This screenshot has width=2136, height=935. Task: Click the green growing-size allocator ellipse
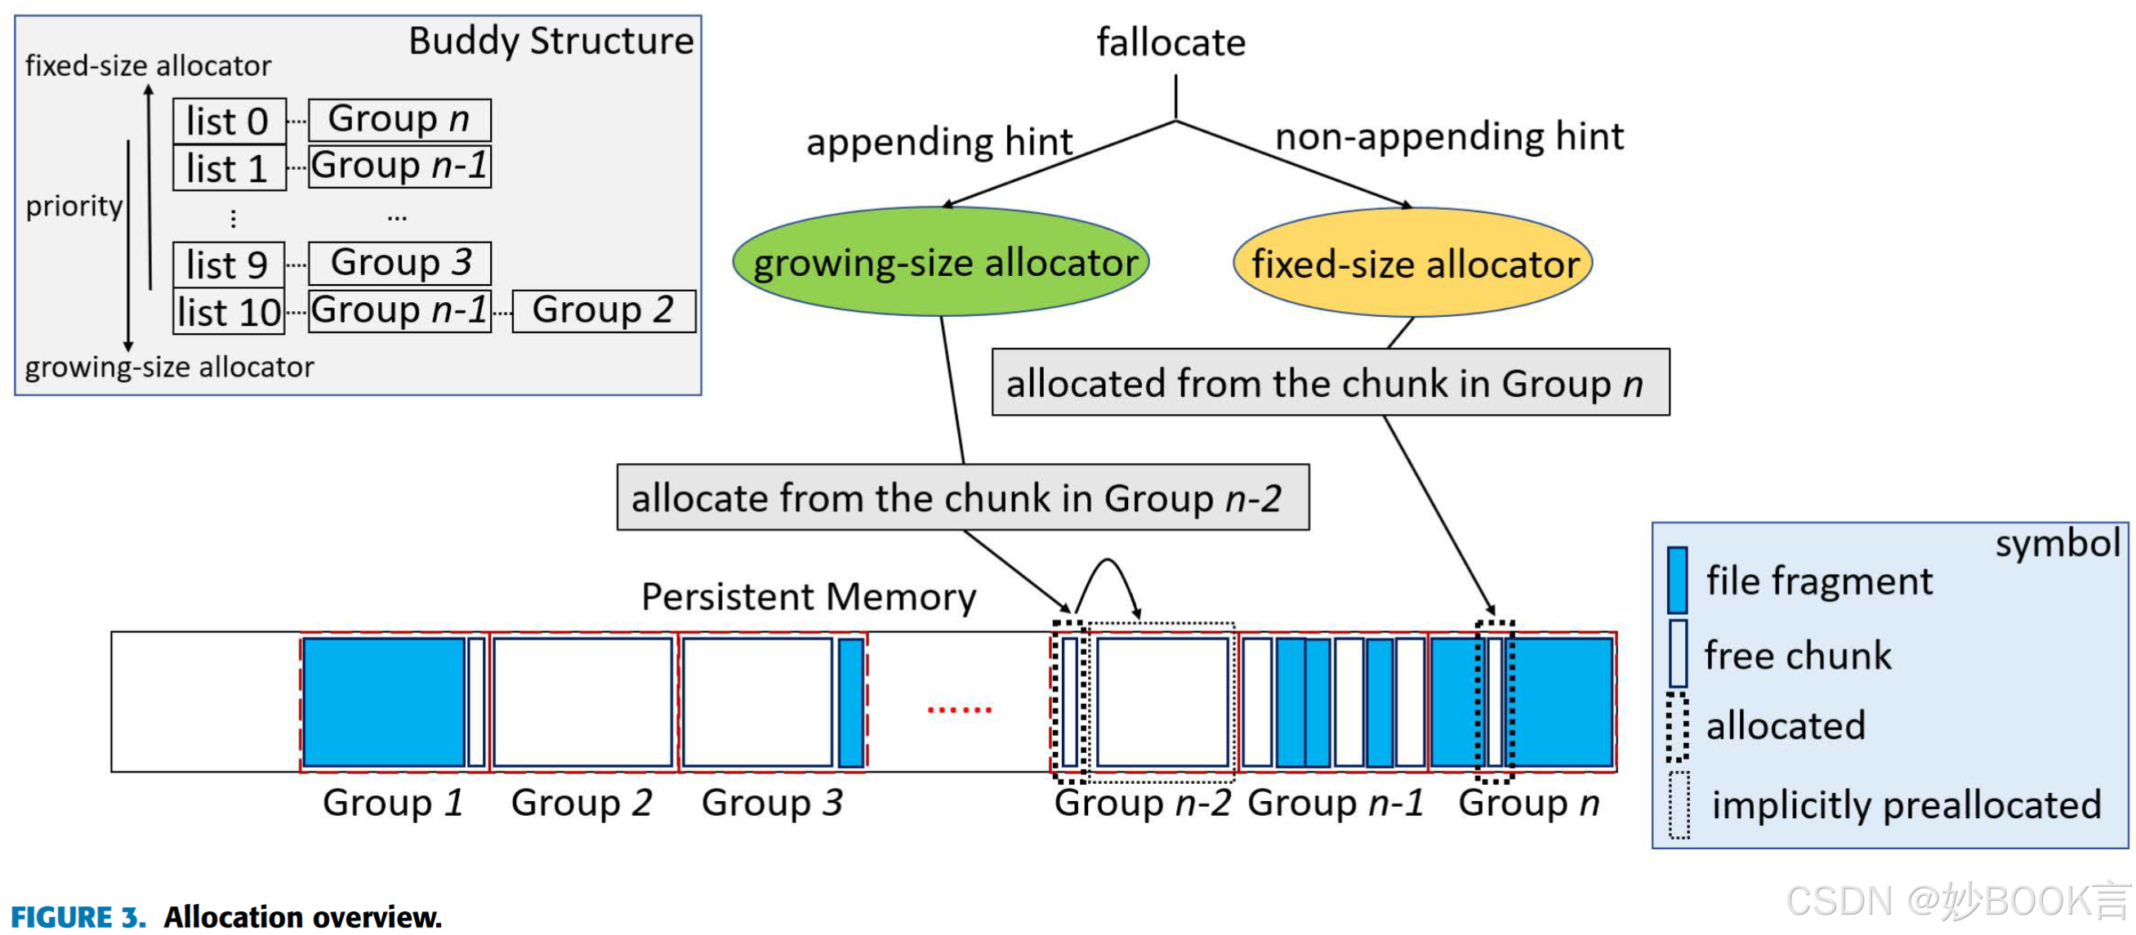(940, 262)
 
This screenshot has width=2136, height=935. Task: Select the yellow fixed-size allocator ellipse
(1412, 263)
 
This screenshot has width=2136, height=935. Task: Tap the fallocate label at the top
(1170, 42)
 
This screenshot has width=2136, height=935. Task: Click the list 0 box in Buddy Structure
(229, 121)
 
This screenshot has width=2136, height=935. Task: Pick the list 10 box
(229, 312)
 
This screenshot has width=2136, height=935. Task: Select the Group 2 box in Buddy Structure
(603, 310)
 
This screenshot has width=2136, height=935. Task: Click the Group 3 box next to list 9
(399, 263)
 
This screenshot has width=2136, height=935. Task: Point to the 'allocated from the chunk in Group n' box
(1329, 382)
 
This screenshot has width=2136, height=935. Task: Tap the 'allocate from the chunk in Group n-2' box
(962, 497)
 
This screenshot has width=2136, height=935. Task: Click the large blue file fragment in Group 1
(384, 701)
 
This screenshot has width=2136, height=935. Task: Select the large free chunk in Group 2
(582, 701)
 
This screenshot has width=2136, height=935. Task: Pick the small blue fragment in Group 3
(850, 701)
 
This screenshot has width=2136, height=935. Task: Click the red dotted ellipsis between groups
(959, 710)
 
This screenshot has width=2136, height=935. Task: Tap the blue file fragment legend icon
(1677, 580)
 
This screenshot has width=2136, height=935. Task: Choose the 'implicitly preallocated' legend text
(1906, 804)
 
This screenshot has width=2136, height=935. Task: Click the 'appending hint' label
(939, 142)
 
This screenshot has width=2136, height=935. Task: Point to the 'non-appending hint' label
(1447, 136)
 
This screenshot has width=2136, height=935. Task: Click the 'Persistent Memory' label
(809, 596)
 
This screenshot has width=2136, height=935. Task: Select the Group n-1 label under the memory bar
(1335, 803)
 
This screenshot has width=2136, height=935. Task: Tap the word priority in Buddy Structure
(74, 205)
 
